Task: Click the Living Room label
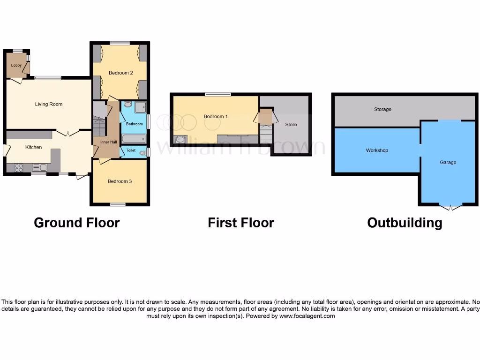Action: point(49,104)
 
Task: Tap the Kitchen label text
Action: point(33,147)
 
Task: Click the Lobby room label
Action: point(16,65)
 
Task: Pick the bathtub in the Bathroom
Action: point(134,138)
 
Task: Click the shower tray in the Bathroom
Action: point(140,108)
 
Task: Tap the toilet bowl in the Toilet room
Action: point(142,152)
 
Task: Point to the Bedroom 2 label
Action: point(120,73)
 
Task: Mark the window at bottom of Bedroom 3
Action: point(118,204)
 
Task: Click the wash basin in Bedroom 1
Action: point(180,139)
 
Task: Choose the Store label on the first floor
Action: point(291,125)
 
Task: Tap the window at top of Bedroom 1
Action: point(217,95)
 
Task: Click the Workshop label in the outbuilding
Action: point(377,150)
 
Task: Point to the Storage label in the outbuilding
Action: point(382,109)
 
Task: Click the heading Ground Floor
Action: point(76,223)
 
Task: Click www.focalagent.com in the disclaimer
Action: point(307,316)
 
